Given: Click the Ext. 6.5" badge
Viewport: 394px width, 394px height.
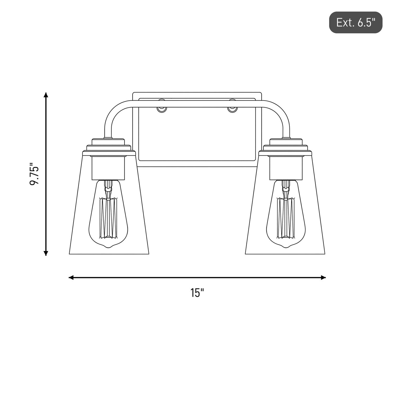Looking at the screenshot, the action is point(356,22).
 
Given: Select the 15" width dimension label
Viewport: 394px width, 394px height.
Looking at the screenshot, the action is point(197,293).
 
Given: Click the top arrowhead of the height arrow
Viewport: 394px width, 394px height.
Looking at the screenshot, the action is point(46,95).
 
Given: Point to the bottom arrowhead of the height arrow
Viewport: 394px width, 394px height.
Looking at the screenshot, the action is point(46,253).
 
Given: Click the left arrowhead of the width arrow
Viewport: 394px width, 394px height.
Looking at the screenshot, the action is point(71,277).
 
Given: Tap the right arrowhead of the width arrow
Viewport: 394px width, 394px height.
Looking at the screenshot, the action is point(323,277).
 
